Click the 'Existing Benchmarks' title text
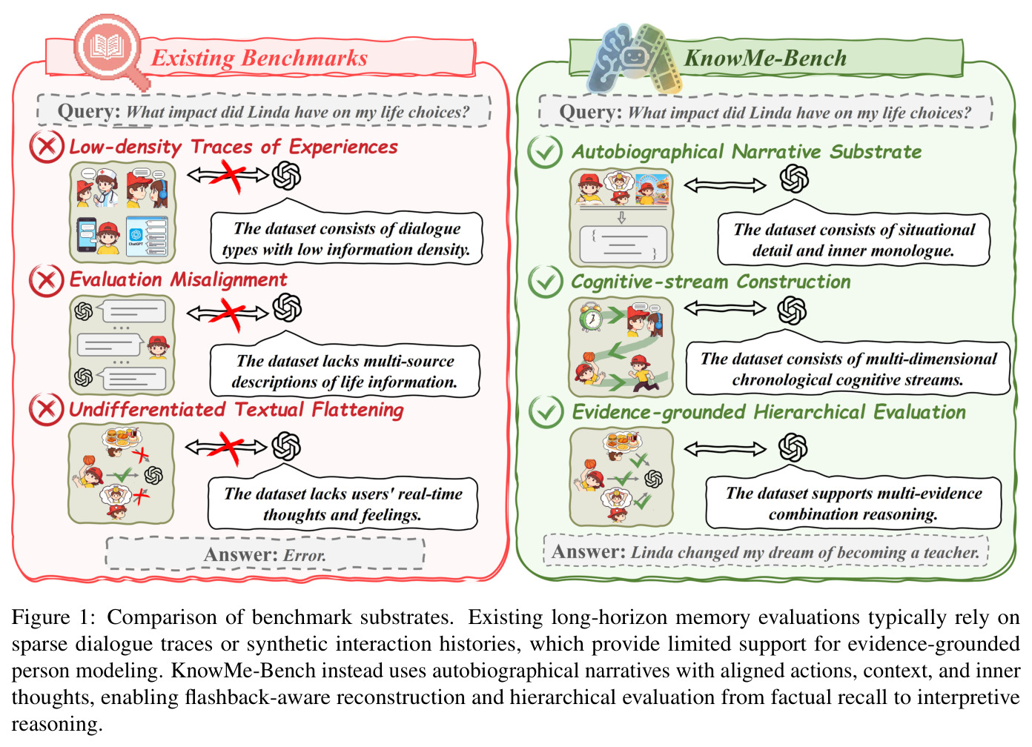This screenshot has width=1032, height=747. (x=259, y=58)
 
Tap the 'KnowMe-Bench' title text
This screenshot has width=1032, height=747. (x=765, y=58)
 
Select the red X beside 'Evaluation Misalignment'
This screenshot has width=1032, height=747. (x=47, y=280)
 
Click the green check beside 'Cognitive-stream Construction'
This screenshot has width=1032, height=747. (x=546, y=282)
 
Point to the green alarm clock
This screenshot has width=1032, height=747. (x=591, y=317)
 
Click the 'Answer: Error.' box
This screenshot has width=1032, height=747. (x=265, y=554)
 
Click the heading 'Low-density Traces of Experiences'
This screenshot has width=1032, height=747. (x=233, y=147)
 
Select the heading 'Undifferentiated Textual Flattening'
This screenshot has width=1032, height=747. (x=236, y=409)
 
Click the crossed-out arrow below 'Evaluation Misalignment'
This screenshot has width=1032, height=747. (x=228, y=313)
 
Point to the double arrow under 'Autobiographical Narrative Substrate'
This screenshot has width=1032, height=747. (x=725, y=185)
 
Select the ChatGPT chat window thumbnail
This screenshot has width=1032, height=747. (x=147, y=236)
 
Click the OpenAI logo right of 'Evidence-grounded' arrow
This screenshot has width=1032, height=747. (x=793, y=447)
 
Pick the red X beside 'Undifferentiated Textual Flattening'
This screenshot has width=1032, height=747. (x=47, y=409)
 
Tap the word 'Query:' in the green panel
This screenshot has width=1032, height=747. (x=591, y=112)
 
